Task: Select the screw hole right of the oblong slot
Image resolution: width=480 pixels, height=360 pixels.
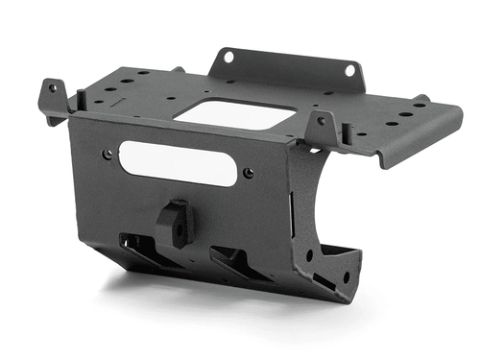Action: click(x=249, y=173)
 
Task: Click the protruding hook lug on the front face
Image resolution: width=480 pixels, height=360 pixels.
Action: click(x=175, y=222)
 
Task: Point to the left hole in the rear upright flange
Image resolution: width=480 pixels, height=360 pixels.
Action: click(x=228, y=57)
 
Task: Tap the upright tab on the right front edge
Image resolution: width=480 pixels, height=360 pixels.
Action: click(x=322, y=128)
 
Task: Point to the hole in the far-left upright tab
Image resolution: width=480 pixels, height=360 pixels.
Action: click(x=52, y=88)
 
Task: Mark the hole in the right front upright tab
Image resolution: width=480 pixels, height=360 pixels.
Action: click(x=322, y=123)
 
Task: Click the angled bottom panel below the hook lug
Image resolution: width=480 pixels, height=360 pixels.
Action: click(x=182, y=269)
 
